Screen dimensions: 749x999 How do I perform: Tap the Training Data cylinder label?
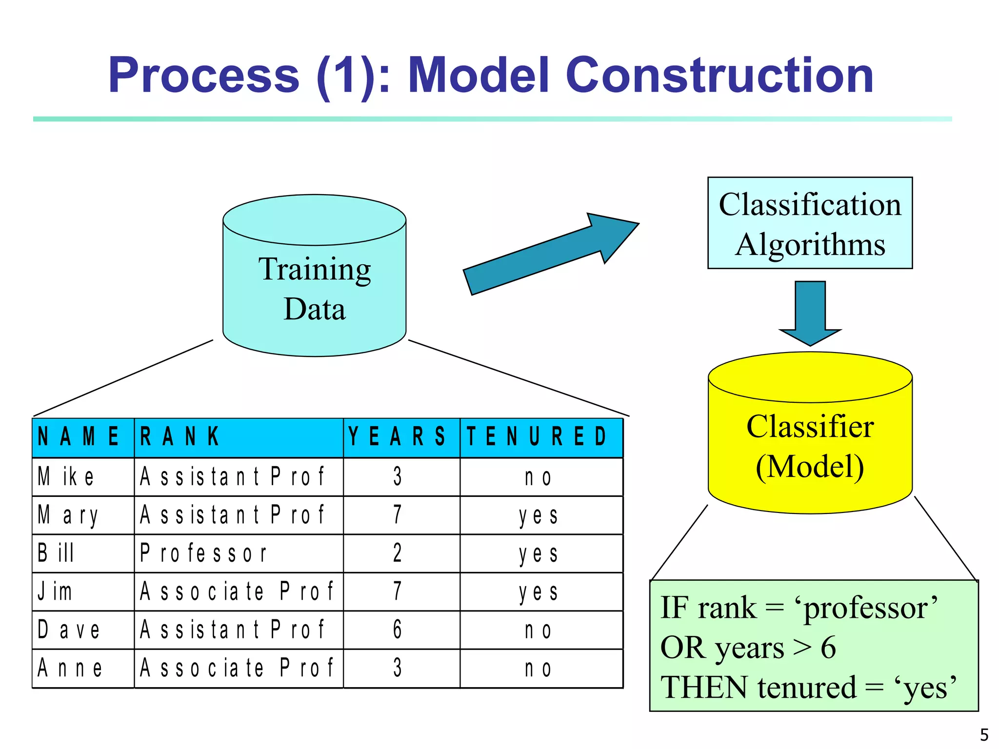click(315, 289)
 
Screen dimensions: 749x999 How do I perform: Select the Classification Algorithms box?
click(810, 223)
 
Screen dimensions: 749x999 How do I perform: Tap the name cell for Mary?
click(68, 515)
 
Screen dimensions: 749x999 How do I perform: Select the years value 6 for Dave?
click(398, 630)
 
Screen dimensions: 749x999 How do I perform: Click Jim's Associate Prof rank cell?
click(237, 591)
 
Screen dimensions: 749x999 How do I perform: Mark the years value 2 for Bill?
click(398, 553)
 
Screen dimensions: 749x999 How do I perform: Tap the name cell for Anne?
click(71, 669)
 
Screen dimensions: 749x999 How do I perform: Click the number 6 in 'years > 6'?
click(828, 648)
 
